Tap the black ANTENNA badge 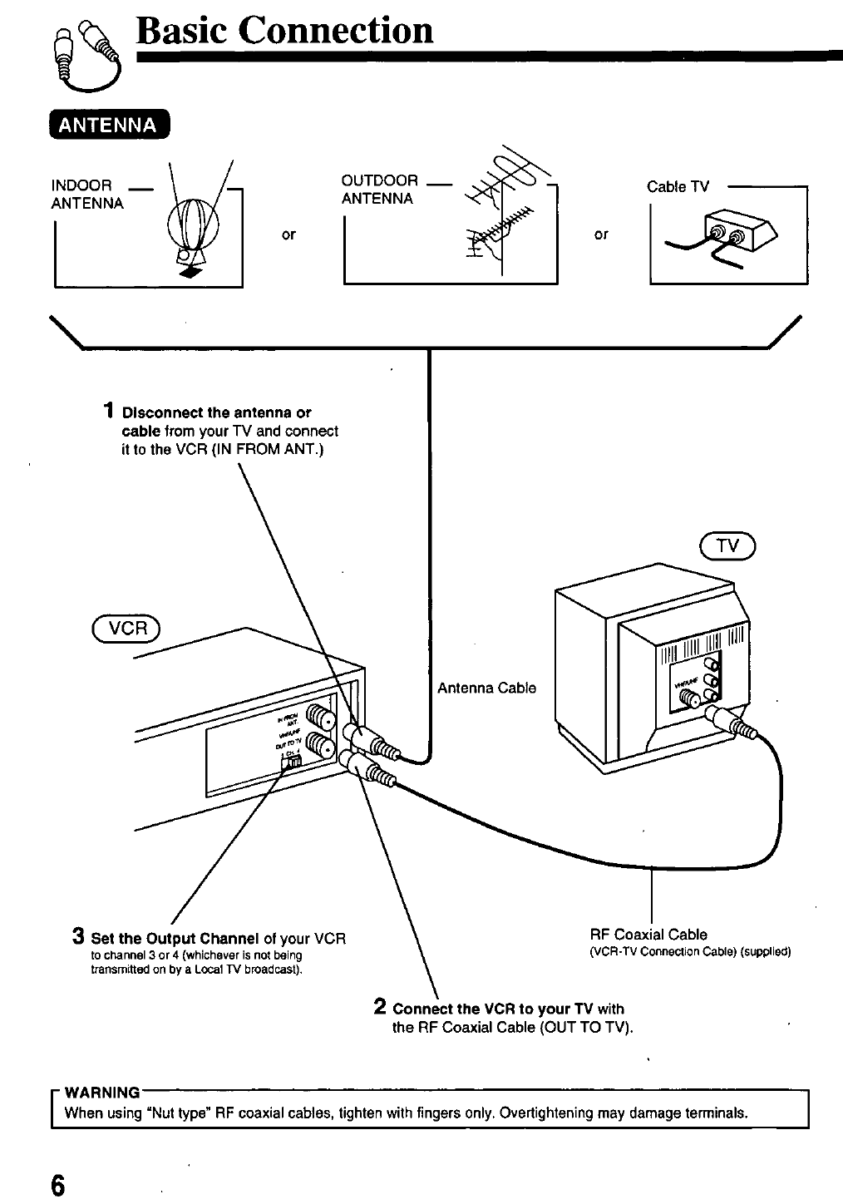pos(109,126)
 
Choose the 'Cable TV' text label pos(678,187)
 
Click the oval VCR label pos(128,629)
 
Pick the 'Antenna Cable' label pos(486,688)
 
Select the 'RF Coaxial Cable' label pos(648,935)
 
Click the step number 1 pos(109,411)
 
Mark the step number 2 pos(379,1007)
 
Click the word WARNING pos(102,1092)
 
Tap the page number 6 pos(57,1182)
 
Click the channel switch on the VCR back pos(293,761)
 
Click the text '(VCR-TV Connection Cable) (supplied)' pos(689,951)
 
